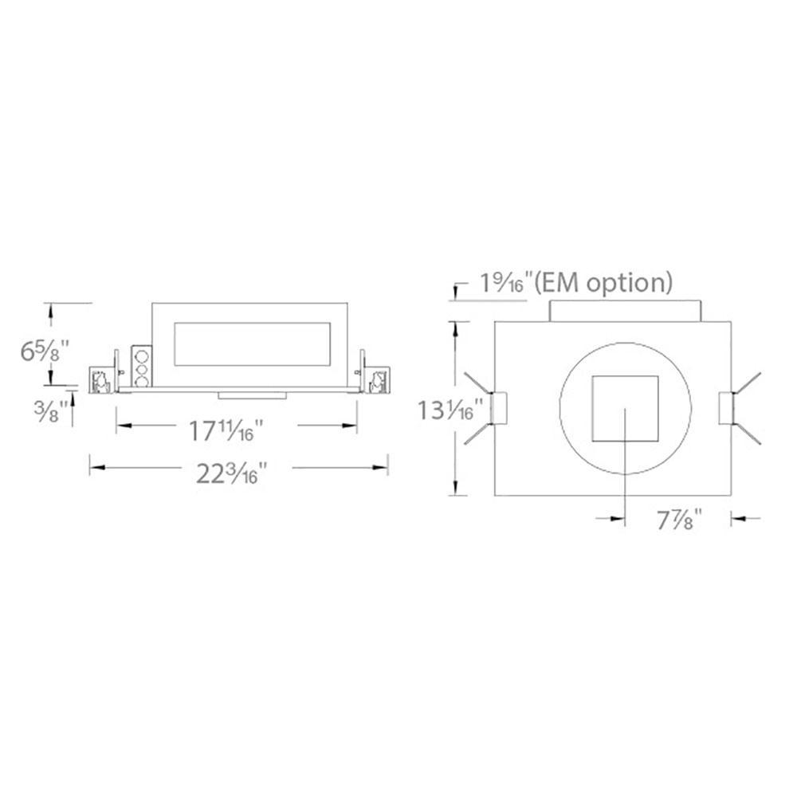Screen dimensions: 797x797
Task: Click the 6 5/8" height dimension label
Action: click(x=45, y=351)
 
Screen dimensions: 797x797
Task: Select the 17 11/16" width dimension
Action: click(x=226, y=430)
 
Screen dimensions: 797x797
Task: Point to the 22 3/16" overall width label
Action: click(x=232, y=473)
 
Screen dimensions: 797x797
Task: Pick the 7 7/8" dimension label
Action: click(x=680, y=520)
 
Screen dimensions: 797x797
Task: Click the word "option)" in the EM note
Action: click(x=630, y=283)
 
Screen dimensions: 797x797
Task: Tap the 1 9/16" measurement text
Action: click(x=508, y=283)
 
